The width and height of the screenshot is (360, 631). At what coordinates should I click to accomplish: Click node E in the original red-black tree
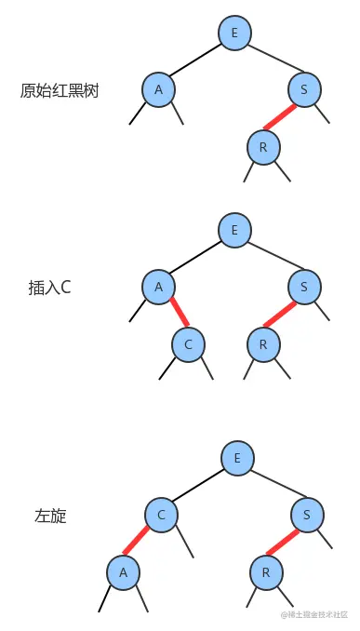234,34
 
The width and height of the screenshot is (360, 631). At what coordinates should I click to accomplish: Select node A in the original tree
159,89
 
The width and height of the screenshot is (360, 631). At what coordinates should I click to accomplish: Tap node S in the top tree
304,89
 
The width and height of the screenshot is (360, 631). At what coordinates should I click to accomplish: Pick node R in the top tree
263,146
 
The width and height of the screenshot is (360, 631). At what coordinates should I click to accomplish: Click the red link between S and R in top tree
281,117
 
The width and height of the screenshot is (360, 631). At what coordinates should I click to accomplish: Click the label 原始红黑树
60,90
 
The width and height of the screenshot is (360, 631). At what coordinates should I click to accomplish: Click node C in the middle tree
188,344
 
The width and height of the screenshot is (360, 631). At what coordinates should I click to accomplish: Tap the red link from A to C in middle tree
173,315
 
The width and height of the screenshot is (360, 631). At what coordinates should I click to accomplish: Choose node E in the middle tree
235,230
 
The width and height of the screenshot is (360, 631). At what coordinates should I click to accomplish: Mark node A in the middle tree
158,287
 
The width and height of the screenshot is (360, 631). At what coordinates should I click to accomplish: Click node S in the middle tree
305,287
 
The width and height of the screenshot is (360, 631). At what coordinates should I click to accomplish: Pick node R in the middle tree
263,344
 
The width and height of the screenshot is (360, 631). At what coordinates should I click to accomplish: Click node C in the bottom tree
161,514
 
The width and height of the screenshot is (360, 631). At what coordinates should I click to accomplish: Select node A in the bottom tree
122,571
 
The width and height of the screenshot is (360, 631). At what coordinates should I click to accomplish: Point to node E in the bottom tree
238,458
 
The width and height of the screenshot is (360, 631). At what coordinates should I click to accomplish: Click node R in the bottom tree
265,571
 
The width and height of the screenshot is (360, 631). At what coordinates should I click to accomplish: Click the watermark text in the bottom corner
313,615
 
